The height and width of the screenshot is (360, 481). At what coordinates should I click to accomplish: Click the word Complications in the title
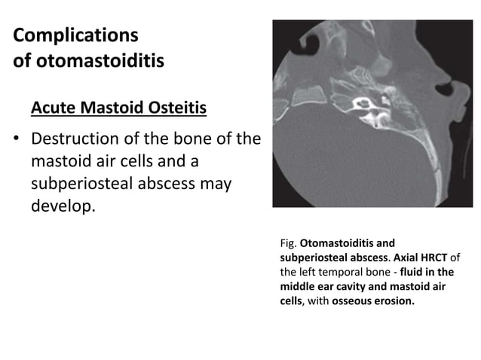coord(75,35)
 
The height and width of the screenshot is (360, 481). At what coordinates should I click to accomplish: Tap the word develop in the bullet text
coord(62,205)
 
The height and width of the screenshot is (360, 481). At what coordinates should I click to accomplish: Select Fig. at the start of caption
coord(287,244)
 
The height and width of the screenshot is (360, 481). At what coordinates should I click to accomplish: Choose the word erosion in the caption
coord(395,301)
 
